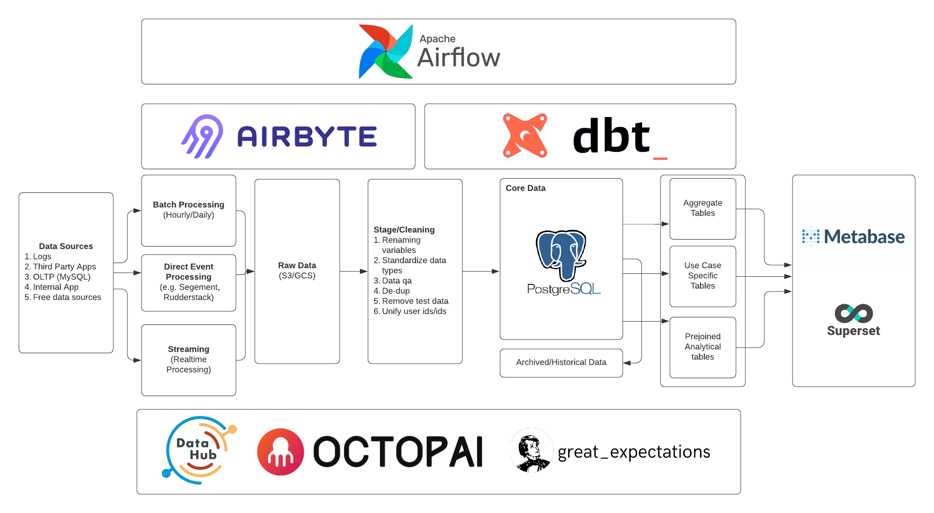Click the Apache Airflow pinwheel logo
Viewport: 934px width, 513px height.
(x=385, y=51)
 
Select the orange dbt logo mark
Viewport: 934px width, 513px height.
(x=525, y=135)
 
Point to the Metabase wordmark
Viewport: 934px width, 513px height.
(x=864, y=237)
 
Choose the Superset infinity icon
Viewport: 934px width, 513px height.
(x=853, y=314)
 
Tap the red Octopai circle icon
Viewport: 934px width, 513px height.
(x=280, y=452)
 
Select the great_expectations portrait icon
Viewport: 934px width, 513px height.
(x=531, y=450)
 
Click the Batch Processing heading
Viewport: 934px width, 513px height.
(x=188, y=205)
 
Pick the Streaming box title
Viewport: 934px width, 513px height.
(x=188, y=349)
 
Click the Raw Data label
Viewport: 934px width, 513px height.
(x=297, y=265)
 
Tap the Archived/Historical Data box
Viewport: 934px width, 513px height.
(x=561, y=363)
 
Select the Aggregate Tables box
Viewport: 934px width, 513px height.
(x=702, y=208)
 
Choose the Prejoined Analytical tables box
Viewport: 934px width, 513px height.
(x=702, y=347)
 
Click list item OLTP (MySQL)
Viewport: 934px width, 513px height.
(x=61, y=277)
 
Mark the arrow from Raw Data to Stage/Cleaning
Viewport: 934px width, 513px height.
(x=353, y=271)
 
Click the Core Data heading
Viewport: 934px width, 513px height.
(x=525, y=188)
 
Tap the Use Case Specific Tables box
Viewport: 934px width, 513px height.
(x=702, y=276)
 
